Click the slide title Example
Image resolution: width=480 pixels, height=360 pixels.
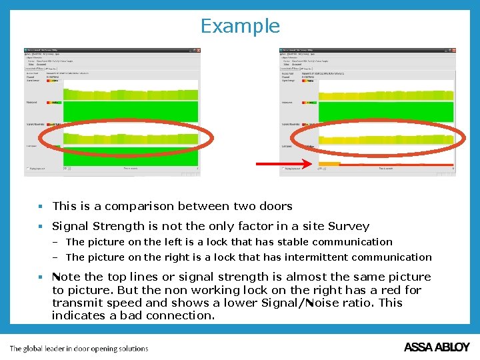pos(240,26)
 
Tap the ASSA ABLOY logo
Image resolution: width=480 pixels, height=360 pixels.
pos(437,347)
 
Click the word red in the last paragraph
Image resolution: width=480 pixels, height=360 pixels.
pos(391,290)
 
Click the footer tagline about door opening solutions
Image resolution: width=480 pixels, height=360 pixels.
pos(79,348)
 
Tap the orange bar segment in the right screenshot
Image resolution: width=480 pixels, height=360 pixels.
pos(329,164)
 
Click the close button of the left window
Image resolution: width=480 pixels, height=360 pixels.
pos(197,50)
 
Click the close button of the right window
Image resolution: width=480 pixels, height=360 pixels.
pos(453,50)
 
